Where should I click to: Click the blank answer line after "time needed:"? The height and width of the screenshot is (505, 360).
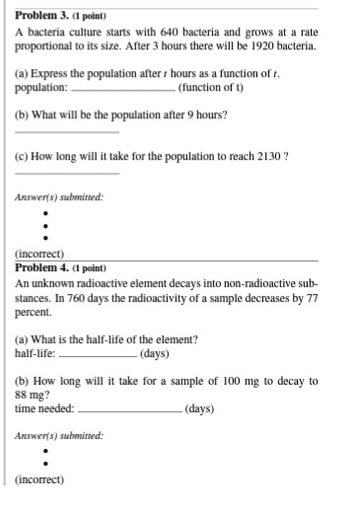pyautogui.click(x=129, y=409)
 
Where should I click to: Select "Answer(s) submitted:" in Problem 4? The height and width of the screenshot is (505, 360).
pyautogui.click(x=60, y=435)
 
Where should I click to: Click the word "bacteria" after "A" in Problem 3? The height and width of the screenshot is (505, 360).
pyautogui.click(x=48, y=32)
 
